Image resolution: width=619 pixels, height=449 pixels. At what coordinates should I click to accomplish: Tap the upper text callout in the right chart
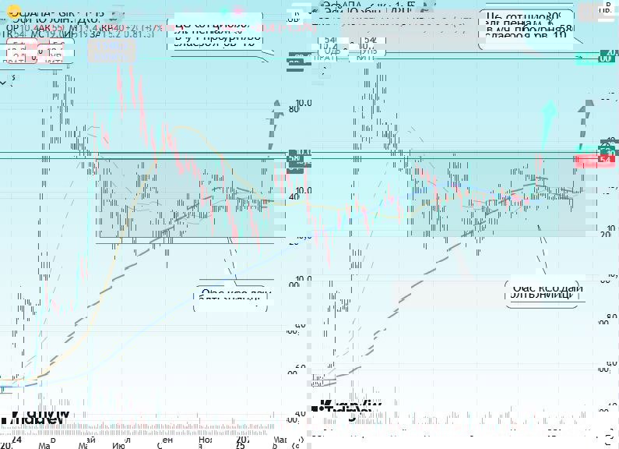[528, 26]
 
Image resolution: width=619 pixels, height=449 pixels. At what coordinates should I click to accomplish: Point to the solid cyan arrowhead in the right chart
[550, 108]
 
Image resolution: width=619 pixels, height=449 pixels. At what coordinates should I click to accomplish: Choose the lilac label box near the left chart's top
[111, 51]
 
